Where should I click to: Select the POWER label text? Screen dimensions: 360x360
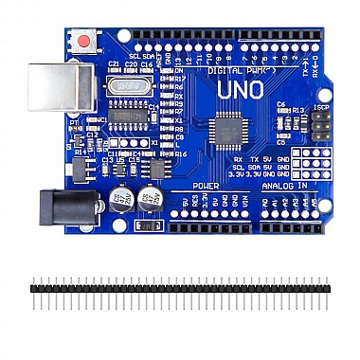(206, 186)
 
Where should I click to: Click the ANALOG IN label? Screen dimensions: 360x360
(284, 186)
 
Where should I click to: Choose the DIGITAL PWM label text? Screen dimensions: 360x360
(227, 70)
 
